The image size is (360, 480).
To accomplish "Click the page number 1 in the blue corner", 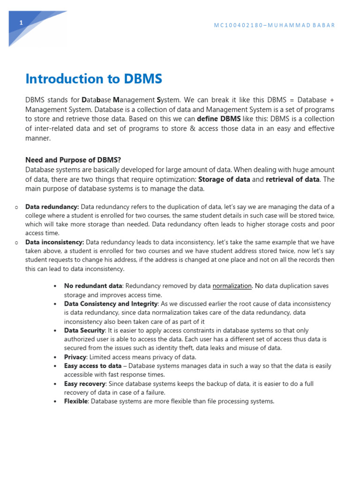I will (21, 23).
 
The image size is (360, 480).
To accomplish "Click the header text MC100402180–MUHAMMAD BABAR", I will (274, 25).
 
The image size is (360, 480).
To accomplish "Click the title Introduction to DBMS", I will (94, 79).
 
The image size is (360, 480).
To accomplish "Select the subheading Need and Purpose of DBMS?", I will (73, 160).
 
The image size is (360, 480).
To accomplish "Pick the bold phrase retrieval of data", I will (293, 180).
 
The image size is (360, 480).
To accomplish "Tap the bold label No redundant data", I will (93, 286).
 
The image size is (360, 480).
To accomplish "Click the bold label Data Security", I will (84, 330).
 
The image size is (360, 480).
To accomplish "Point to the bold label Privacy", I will (75, 357).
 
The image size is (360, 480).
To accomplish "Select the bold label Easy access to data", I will (93, 366).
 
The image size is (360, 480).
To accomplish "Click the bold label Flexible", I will (75, 402).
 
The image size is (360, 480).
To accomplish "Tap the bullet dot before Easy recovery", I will (55, 384).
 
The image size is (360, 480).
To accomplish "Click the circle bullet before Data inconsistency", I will (16, 243).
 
